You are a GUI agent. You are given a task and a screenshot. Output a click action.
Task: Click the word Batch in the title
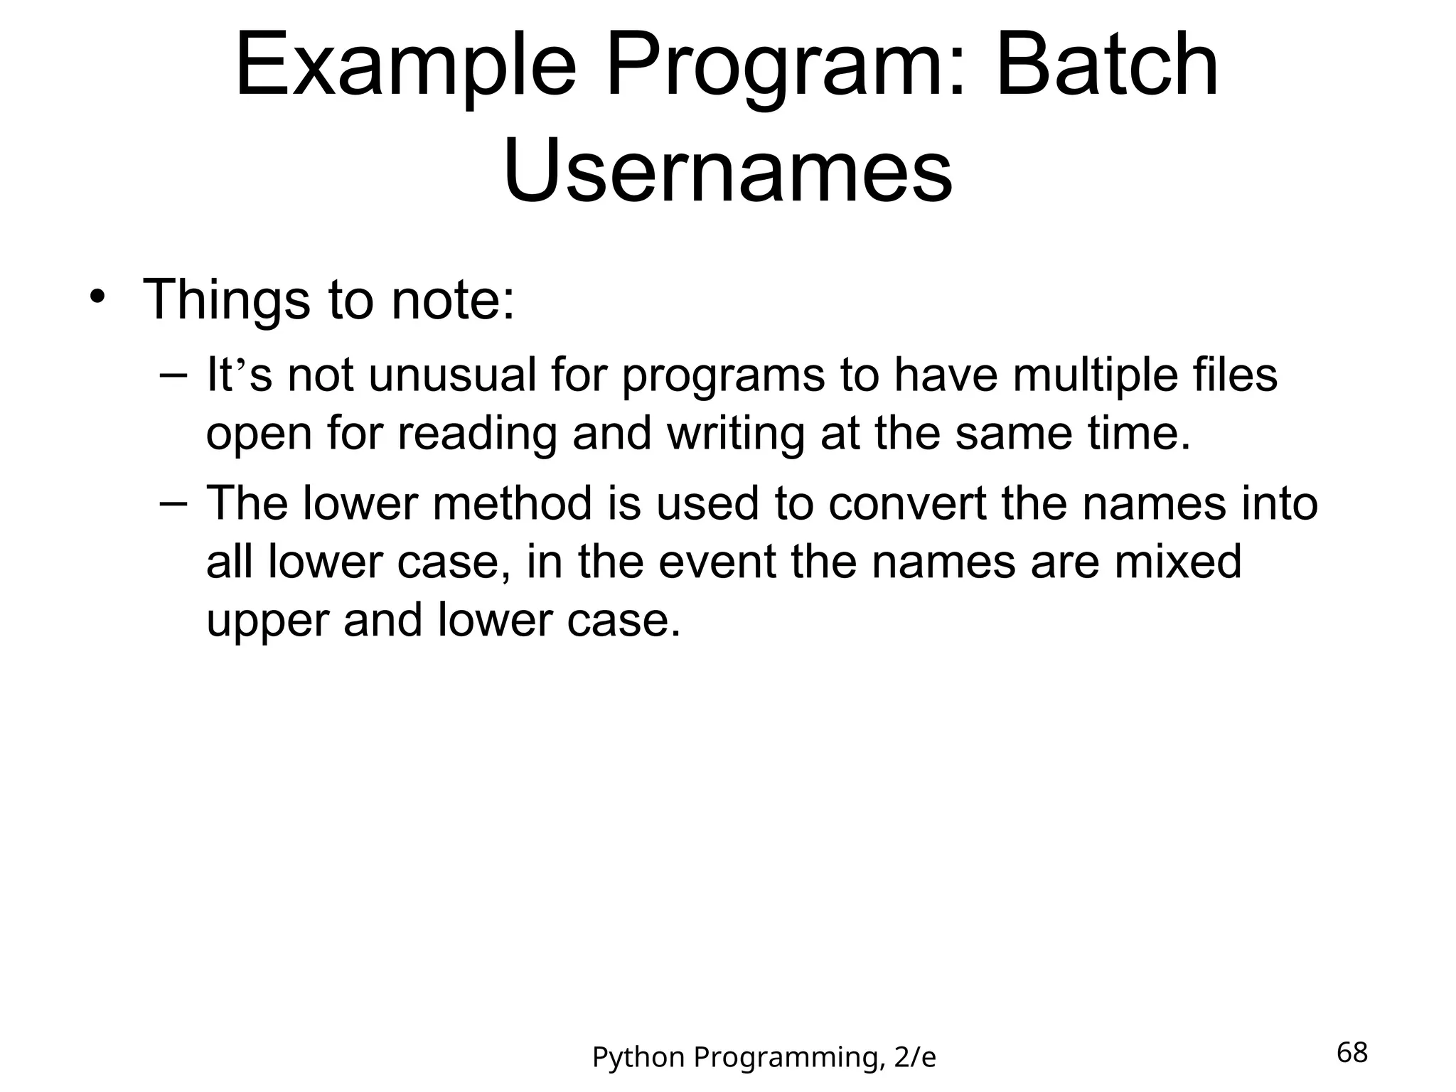click(1108, 65)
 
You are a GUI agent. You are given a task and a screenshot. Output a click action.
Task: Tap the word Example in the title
click(405, 65)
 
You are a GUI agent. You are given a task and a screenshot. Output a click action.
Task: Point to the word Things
click(226, 301)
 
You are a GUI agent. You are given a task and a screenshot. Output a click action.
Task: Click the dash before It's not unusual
click(173, 375)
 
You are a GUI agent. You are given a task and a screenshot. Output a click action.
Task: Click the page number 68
click(1351, 1052)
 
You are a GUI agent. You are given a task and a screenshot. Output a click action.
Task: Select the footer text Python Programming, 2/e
click(764, 1058)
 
